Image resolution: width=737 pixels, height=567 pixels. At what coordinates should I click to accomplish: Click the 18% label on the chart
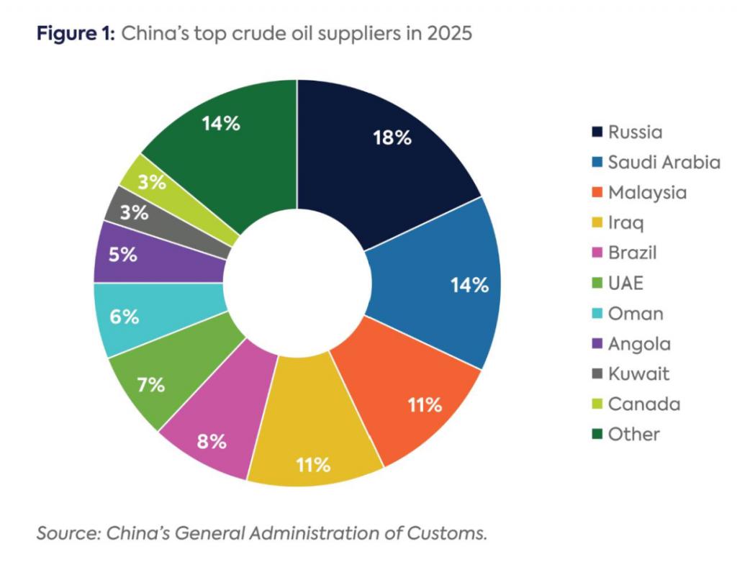392,138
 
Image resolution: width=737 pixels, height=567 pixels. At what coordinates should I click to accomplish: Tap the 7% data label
152,385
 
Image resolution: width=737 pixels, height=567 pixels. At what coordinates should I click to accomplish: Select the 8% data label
212,441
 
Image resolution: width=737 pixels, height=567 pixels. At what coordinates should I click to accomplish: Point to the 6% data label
125,317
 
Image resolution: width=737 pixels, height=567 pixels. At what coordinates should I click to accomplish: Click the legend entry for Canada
643,404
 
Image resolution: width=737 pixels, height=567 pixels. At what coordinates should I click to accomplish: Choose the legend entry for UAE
625,283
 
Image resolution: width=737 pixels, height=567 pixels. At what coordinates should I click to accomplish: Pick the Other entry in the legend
633,434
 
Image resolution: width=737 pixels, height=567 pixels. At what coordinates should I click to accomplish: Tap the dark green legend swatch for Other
597,434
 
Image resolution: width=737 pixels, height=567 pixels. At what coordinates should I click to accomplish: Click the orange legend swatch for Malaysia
597,193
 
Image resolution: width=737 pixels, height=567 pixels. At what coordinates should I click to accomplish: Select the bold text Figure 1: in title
74,34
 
